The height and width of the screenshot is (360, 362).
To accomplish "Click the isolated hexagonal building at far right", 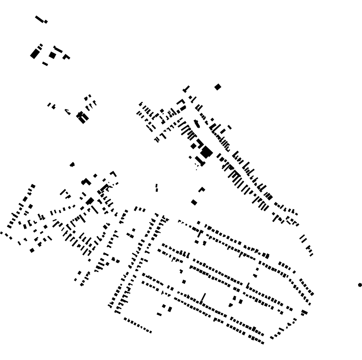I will [x=360, y=285].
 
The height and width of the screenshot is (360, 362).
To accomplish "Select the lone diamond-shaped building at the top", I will [x=218, y=87].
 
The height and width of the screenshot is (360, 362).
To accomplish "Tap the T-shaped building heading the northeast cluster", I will [x=186, y=89].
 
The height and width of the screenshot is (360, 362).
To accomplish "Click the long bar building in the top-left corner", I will [x=39, y=19].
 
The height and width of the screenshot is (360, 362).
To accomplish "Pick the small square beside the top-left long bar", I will [x=46, y=22].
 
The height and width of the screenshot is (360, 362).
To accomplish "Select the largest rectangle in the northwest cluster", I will [x=35, y=54].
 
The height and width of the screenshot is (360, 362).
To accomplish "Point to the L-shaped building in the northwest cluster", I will [x=66, y=57].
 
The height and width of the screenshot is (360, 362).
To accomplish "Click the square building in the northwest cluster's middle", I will [x=52, y=55].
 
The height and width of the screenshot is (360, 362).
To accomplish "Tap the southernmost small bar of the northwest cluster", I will [x=45, y=64].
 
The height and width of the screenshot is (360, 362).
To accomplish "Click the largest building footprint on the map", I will [x=206, y=152].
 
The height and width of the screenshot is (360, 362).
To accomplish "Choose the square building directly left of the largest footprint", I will [x=193, y=146].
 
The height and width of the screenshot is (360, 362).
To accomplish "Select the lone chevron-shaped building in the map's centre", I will [x=202, y=189].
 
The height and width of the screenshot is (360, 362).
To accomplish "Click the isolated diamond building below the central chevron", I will [x=194, y=202].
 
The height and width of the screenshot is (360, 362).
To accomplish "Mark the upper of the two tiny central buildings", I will [x=156, y=185].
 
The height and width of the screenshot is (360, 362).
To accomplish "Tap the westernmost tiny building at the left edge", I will [x=2, y=233].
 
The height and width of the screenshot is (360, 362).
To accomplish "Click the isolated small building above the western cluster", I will [x=72, y=164].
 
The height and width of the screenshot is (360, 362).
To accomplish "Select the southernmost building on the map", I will [x=262, y=343].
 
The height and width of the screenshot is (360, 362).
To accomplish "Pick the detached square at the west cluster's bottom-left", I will [x=32, y=251].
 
